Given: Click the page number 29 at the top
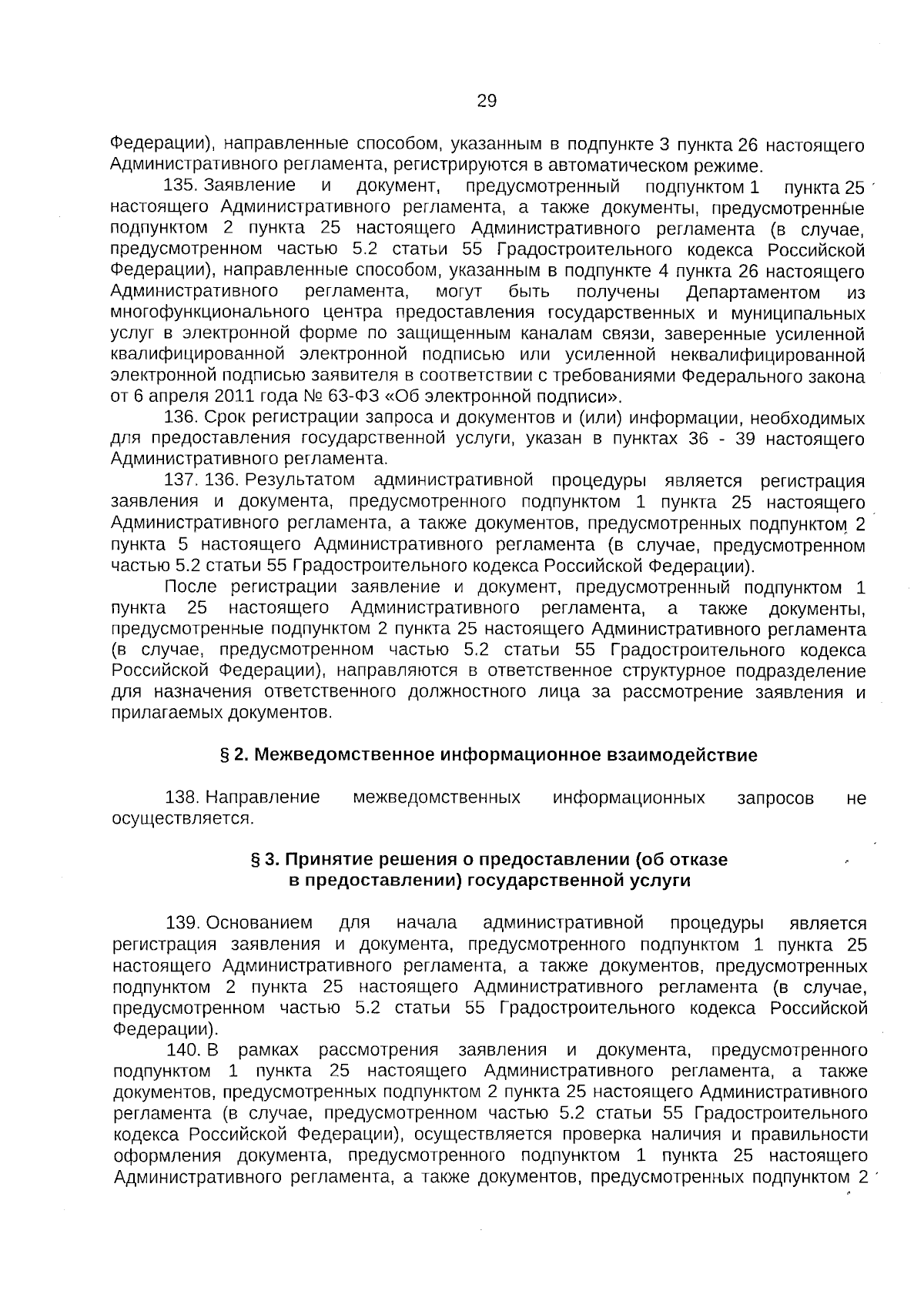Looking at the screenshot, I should click(x=487, y=101).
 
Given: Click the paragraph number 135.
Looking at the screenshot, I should click(x=182, y=186).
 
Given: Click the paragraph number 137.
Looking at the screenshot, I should click(x=182, y=481).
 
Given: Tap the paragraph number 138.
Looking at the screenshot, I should click(x=182, y=797).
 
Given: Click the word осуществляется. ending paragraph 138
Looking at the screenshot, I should click(x=182, y=818).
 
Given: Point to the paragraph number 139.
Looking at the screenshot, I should click(x=182, y=923).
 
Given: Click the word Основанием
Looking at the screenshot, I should click(x=259, y=923).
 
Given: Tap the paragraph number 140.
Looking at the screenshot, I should click(x=182, y=1050).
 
